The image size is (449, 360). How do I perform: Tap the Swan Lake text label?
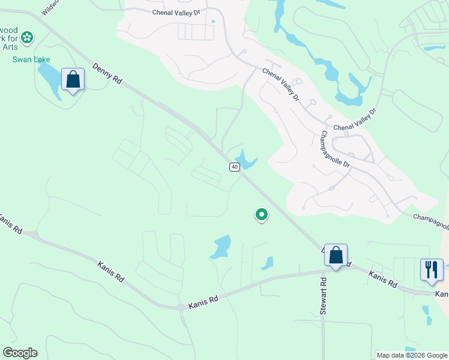31,59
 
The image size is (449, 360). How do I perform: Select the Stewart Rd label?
323,296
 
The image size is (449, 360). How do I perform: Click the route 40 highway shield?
234,166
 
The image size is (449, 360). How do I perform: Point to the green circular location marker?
261,214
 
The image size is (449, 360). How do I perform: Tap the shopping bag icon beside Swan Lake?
73,79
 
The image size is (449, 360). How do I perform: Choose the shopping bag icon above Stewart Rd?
336,255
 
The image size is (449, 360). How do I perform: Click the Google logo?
20,353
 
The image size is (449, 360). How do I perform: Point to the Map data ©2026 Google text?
412,355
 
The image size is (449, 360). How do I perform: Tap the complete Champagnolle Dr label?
340,149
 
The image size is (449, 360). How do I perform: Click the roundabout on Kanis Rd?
181,307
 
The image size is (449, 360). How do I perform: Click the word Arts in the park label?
8,46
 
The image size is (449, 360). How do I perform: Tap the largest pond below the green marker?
221,246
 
